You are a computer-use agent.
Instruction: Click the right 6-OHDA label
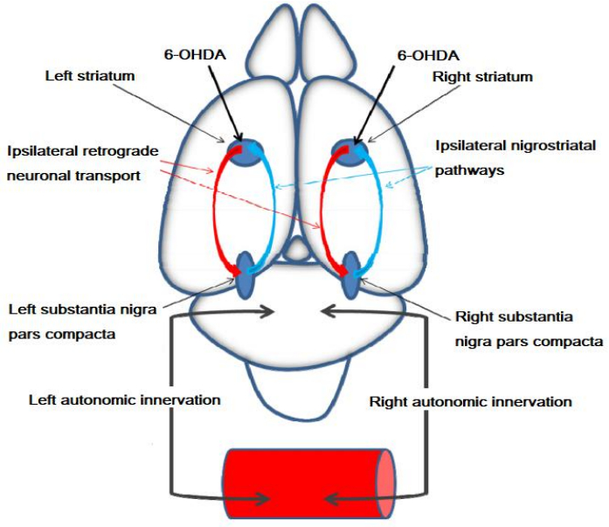427,54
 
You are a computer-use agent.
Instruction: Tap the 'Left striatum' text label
90,76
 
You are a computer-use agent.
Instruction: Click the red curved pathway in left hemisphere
217,210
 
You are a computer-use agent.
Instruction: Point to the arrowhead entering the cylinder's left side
262,499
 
